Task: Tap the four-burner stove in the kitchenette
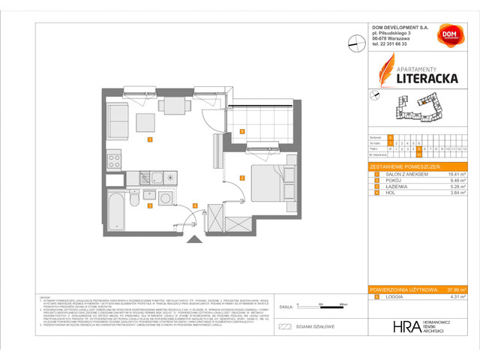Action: [x=114, y=158]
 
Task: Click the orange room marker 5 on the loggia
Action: [x=241, y=132]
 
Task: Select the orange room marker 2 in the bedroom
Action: [x=241, y=178]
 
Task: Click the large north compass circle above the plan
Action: [x=354, y=43]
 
